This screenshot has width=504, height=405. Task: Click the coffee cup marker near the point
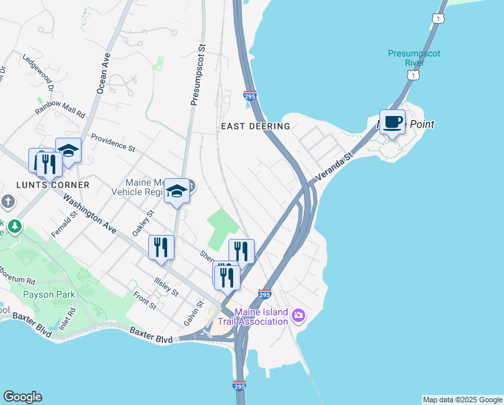tap(392, 122)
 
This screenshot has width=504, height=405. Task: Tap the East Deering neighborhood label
tap(255, 126)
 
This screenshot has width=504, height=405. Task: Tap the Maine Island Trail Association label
tap(261, 317)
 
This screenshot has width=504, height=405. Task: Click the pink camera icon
tap(298, 316)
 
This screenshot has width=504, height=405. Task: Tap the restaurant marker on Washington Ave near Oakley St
tap(161, 247)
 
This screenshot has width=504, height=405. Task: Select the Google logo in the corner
tap(22, 397)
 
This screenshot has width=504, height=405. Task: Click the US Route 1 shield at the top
tap(440, 18)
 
